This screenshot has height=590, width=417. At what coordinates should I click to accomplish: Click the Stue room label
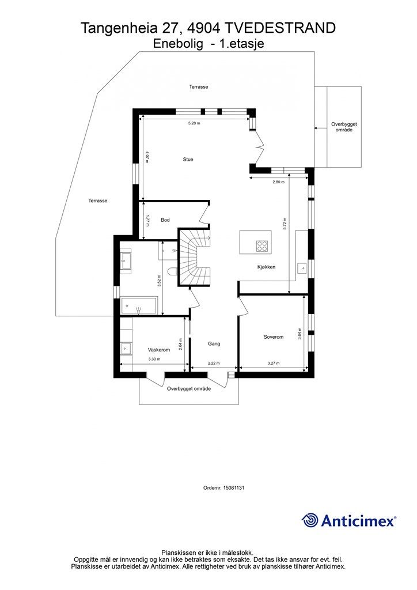click(188, 160)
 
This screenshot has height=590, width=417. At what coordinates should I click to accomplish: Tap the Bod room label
click(165, 220)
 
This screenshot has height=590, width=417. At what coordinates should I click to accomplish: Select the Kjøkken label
click(266, 267)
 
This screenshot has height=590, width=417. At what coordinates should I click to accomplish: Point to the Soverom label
click(274, 337)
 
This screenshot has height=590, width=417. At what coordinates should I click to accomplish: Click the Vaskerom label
click(158, 350)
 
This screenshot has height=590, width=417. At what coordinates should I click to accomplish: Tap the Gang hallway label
click(214, 343)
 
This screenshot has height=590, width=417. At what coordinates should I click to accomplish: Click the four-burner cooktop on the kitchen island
click(263, 246)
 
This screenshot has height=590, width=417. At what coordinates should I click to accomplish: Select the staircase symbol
click(194, 257)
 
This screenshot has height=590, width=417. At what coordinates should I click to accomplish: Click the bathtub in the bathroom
click(139, 305)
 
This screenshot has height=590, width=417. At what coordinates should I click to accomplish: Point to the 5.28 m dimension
click(194, 123)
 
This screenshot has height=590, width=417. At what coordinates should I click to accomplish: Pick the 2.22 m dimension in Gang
click(214, 364)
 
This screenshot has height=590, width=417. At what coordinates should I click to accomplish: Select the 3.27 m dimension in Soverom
click(274, 364)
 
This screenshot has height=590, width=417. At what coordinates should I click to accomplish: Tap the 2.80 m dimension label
click(278, 181)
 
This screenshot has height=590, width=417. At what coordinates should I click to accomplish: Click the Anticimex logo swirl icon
click(310, 520)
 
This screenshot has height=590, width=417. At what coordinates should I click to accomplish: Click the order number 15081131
click(234, 487)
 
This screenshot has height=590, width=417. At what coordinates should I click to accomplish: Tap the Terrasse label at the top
click(199, 87)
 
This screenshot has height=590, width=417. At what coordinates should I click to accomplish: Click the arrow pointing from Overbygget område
click(320, 128)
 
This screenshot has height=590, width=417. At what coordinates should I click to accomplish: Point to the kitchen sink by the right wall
click(302, 268)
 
